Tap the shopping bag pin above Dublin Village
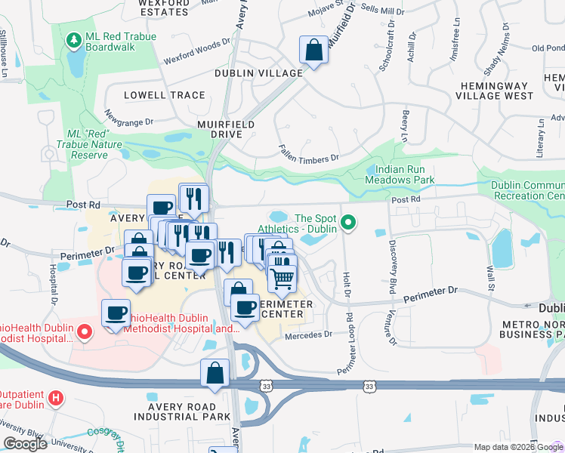tap(313, 51)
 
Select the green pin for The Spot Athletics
tap(348, 222)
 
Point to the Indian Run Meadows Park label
tap(400, 175)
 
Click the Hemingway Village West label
tap(494, 91)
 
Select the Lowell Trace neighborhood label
tap(165, 95)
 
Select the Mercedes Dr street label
tap(308, 334)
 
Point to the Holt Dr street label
tap(347, 288)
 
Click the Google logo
tap(25, 444)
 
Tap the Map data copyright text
tap(518, 447)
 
